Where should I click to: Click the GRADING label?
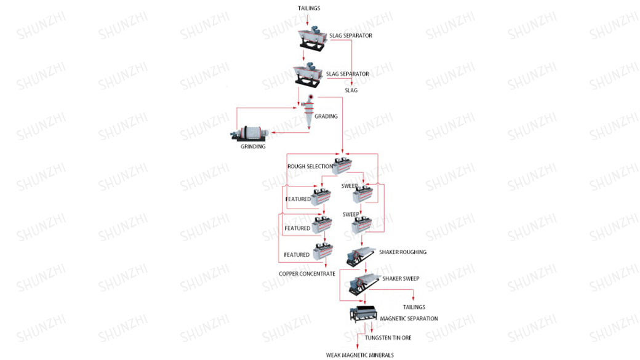pos(326,116)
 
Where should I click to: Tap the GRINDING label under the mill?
pos(253,146)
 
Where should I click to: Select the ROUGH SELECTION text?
pos(310,167)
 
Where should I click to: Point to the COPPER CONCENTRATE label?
pos(307,273)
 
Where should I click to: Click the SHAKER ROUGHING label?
pos(404,252)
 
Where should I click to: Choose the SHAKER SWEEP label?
pos(401,279)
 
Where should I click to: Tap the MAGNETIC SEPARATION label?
pos(409,319)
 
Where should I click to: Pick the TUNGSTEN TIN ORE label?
pos(388,338)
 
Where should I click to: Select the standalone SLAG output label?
pos(351,90)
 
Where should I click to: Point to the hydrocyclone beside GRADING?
pos(310,111)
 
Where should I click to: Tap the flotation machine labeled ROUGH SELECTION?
pos(342,165)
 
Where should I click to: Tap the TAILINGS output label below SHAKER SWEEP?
pos(414,307)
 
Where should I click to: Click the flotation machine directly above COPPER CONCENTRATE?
pos(323,251)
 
